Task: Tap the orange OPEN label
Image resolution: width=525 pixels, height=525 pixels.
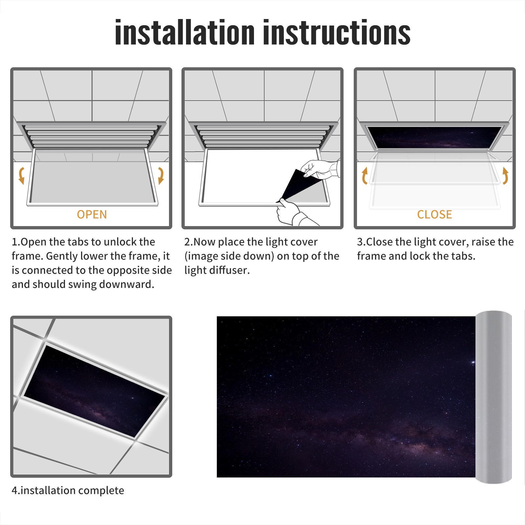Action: pyautogui.click(x=92, y=214)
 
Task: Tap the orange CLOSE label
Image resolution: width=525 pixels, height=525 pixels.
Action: pyautogui.click(x=434, y=214)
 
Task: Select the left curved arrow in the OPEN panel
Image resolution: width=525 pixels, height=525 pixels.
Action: pyautogui.click(x=22, y=176)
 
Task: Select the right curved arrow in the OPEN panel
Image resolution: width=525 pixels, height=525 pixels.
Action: pyautogui.click(x=161, y=176)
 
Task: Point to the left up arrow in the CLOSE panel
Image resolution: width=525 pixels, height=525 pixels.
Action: pyautogui.click(x=365, y=176)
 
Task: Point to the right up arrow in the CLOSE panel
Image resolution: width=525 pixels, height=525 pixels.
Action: pyautogui.click(x=505, y=176)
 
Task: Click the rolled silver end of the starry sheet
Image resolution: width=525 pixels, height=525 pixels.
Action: pyautogui.click(x=493, y=397)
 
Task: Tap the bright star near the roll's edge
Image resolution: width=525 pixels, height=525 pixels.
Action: pyautogui.click(x=473, y=362)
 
